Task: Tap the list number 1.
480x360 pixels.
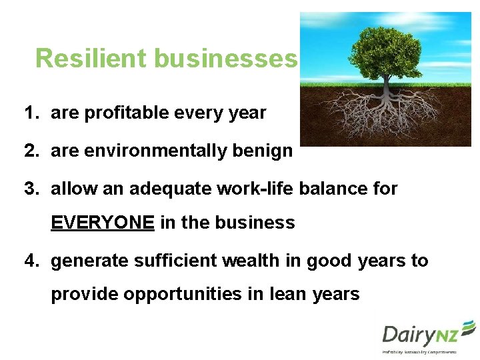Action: [x=29, y=113]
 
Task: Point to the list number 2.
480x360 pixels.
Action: [x=30, y=151]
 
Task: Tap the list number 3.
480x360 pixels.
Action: [x=30, y=189]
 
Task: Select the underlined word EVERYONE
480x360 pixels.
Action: [x=103, y=223]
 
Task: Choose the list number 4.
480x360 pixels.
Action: [x=30, y=261]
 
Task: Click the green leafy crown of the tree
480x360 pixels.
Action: [x=385, y=48]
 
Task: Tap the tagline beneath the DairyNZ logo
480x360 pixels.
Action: [x=419, y=351]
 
